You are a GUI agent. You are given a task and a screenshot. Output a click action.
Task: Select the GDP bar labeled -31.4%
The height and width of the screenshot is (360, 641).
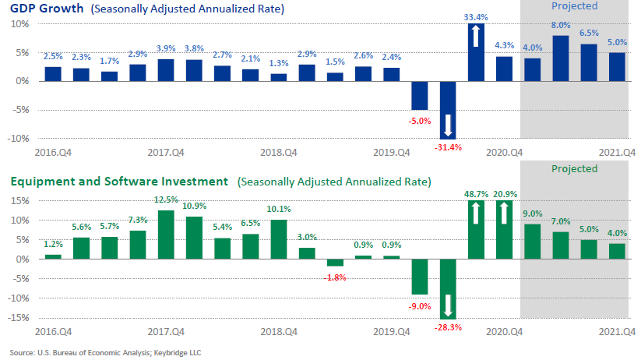pyautogui.click(x=448, y=109)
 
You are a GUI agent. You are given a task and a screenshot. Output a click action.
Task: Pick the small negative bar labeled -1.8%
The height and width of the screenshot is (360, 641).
pyautogui.click(x=335, y=263)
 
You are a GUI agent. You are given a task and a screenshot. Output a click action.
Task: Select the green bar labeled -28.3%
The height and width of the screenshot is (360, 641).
pyautogui.click(x=448, y=288)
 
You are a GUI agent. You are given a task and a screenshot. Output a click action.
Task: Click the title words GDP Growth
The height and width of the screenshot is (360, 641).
pyautogui.click(x=43, y=9)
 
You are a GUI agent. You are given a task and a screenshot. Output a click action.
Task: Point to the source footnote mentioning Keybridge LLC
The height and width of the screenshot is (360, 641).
pyautogui.click(x=104, y=352)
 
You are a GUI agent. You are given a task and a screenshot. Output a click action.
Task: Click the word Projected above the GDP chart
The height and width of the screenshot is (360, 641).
pyautogui.click(x=574, y=6)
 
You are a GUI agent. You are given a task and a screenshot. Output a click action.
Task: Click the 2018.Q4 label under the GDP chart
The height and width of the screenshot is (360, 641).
pyautogui.click(x=279, y=154)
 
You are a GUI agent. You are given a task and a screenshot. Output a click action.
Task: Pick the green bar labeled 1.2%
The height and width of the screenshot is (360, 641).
pyautogui.click(x=53, y=256)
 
